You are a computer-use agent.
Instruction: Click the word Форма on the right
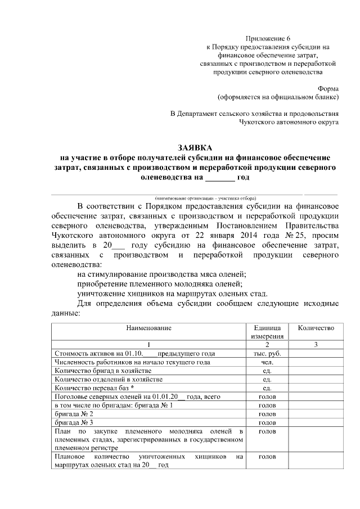pos(328,88)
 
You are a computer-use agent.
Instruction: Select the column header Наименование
pos(148,328)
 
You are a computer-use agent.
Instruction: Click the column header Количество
pos(316,328)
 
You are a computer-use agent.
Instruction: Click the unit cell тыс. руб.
pos(267,353)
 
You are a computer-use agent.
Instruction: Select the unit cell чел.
pos(267,362)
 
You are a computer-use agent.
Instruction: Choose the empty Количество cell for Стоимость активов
pos(316,353)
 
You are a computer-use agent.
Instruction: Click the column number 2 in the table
pos(267,344)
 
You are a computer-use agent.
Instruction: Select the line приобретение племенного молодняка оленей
pos(160,284)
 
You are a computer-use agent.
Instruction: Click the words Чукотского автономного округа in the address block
pos(288,121)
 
